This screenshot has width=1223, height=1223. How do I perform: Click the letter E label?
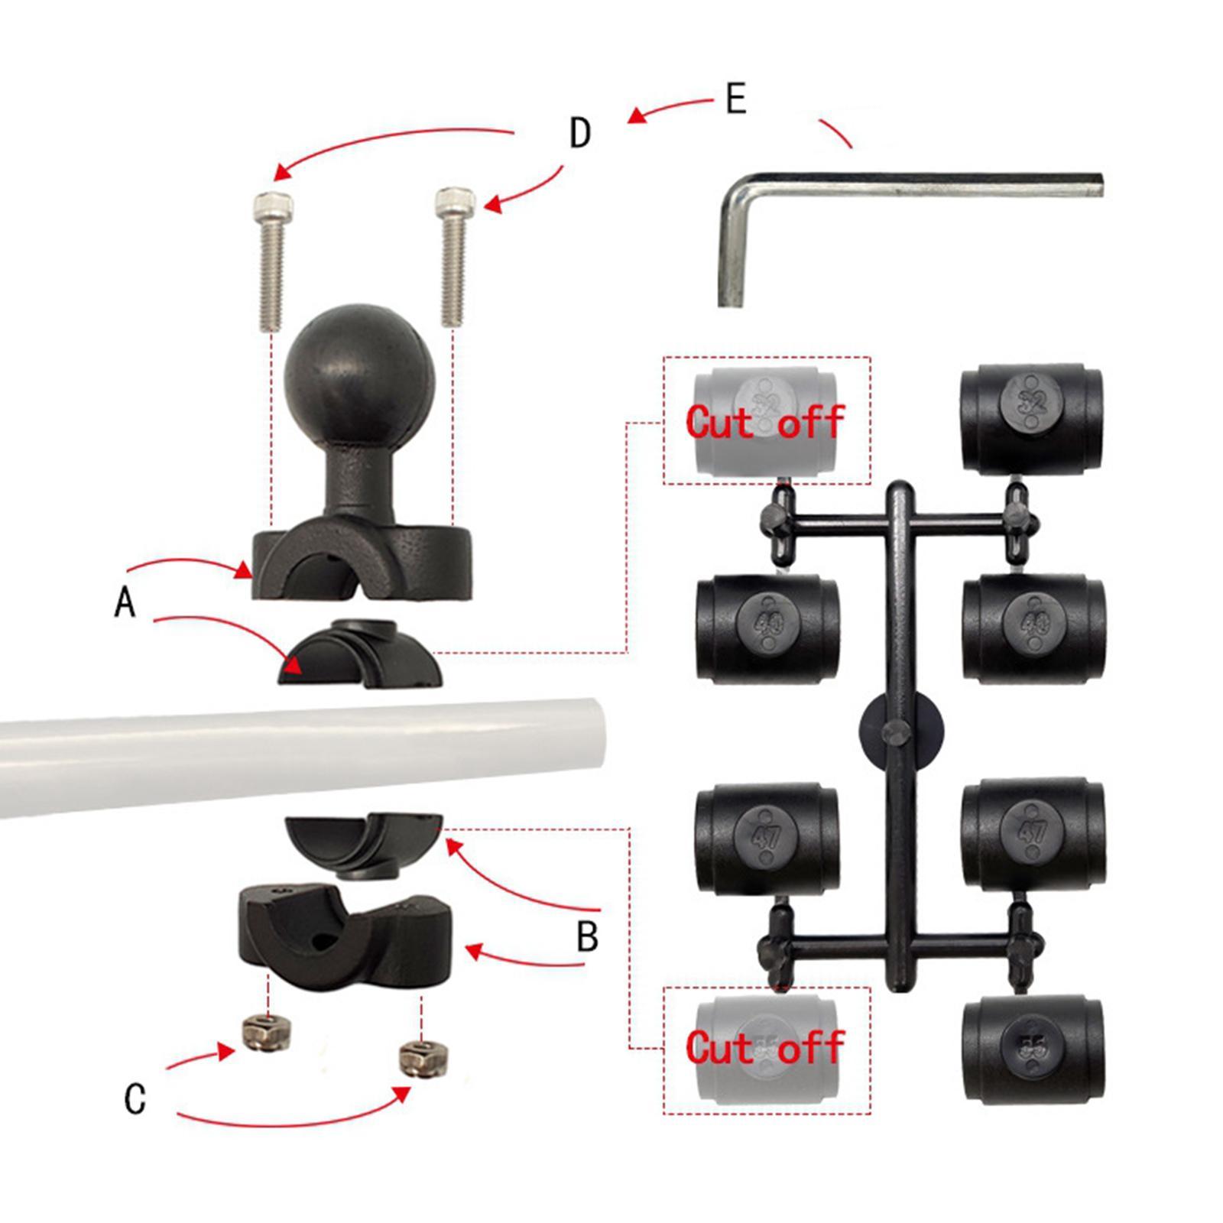(x=735, y=99)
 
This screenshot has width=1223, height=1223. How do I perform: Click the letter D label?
(x=580, y=133)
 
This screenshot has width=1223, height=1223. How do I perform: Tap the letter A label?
(x=125, y=602)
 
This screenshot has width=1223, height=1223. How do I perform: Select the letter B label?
(x=587, y=936)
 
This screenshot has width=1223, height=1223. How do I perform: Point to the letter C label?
(x=135, y=1098)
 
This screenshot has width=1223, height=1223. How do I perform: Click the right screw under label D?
(x=453, y=256)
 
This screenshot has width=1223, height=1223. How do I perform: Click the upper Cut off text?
(x=764, y=421)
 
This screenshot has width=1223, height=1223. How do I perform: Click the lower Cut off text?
(x=764, y=1046)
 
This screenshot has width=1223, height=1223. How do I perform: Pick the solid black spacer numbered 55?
(x=1032, y=1049)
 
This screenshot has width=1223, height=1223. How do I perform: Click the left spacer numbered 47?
(x=767, y=836)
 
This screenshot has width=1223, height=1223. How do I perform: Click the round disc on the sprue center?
(x=900, y=731)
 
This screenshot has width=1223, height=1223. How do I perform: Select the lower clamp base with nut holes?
(x=344, y=936)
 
